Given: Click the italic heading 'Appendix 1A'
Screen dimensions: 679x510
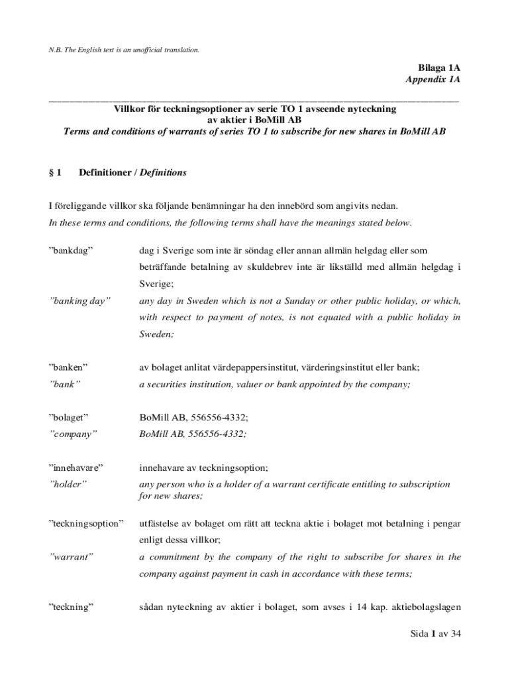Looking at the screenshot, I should pyautogui.click(x=433, y=80).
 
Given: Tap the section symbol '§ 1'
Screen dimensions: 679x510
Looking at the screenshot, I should pyautogui.click(x=55, y=173).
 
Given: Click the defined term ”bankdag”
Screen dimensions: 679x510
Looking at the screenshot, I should pyautogui.click(x=71, y=251).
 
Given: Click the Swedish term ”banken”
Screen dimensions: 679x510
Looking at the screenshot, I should pyautogui.click(x=69, y=367).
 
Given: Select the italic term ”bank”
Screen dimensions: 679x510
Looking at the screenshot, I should pyautogui.click(x=65, y=384).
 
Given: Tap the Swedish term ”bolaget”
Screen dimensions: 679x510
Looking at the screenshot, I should pyautogui.click(x=69, y=417).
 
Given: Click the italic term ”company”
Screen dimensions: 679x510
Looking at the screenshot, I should pyautogui.click(x=74, y=434).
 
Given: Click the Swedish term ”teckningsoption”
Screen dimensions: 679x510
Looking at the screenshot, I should pyautogui.click(x=86, y=524).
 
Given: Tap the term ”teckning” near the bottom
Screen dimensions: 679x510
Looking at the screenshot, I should pyautogui.click(x=71, y=607).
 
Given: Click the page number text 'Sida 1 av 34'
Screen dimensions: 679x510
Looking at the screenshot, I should pyautogui.click(x=434, y=635).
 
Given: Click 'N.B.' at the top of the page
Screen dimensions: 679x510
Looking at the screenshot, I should pyautogui.click(x=57, y=50).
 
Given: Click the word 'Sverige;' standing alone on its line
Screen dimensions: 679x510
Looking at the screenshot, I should pyautogui.click(x=156, y=284).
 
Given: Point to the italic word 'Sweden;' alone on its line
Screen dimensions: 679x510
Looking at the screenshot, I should pyautogui.click(x=156, y=334).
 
